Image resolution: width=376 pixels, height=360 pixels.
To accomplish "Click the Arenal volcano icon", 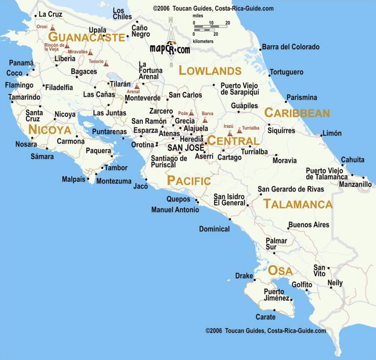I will pos(137,87).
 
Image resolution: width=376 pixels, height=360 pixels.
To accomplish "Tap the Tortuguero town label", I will pos(287,72).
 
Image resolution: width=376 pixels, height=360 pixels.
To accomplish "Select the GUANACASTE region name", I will pos(86,37).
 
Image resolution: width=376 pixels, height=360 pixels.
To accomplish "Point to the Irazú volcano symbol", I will pos(230,133).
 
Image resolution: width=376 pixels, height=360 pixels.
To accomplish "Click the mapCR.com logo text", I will pos(170,49).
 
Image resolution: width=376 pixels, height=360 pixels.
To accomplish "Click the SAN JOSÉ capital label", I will pos(186,148).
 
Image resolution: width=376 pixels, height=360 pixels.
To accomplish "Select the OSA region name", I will pos(280,271).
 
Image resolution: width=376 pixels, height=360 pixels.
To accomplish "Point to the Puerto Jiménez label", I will pos(276,295).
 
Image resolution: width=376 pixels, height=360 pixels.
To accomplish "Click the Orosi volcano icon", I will pos(52,28).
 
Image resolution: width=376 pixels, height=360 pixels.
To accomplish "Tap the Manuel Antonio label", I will pos(175,210).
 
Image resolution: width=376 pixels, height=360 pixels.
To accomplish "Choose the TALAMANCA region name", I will pos(298,204).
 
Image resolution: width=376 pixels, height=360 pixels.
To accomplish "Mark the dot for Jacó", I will pos(146,179).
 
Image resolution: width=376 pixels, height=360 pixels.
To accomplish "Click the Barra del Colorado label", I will pos(291,47).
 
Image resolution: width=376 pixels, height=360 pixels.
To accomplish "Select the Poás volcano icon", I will pos(191,113).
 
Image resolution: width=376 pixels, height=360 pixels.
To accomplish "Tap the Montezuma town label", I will pos(114,181).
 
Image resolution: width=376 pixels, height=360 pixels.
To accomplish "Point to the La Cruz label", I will pos(50,14).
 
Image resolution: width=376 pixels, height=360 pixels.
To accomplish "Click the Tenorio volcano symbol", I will pos(106,63).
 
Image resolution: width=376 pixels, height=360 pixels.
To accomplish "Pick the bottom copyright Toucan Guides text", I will pos(266,331).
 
